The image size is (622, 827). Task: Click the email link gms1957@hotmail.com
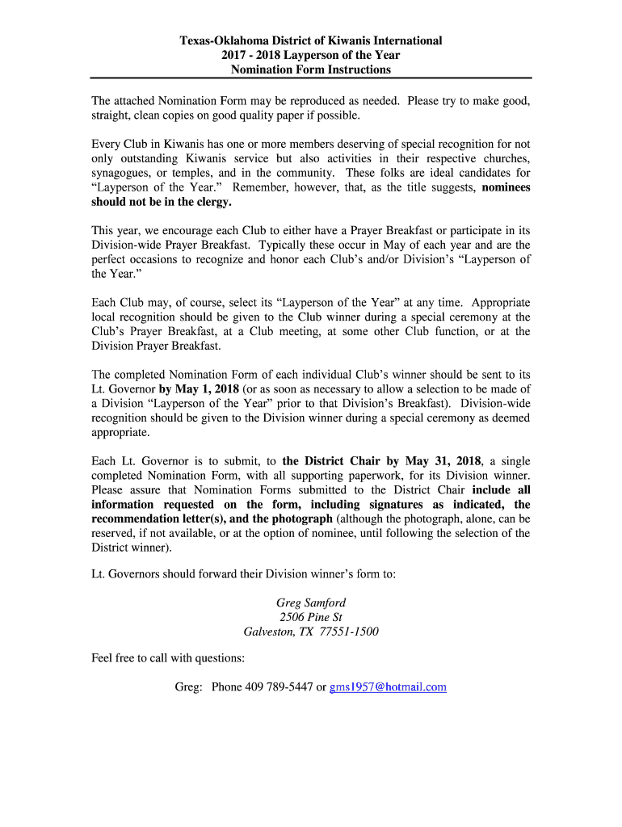[388, 687]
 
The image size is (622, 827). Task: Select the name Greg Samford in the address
[310, 602]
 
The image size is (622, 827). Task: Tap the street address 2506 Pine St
[310, 617]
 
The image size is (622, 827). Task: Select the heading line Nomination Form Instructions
[310, 69]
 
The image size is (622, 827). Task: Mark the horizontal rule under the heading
[310, 78]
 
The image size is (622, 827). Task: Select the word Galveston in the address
[270, 632]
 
